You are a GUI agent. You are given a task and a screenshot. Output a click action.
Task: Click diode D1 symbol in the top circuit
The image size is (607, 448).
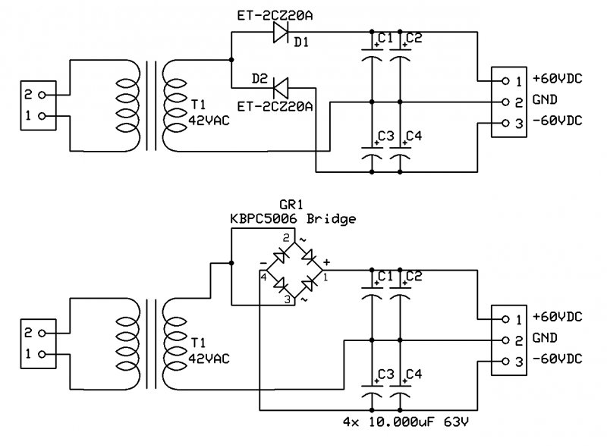point(280,32)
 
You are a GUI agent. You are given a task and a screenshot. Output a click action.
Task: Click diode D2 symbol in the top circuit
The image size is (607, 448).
point(281,88)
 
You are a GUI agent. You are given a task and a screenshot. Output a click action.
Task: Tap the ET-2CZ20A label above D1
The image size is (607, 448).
point(275,15)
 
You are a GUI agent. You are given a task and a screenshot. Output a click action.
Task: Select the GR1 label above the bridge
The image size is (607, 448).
point(291,204)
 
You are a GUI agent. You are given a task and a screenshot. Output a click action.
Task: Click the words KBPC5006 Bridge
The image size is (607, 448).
point(293,219)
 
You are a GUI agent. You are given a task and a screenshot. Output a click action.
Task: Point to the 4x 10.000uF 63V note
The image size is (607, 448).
point(406,421)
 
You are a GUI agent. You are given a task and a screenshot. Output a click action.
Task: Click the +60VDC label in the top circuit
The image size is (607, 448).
point(558,79)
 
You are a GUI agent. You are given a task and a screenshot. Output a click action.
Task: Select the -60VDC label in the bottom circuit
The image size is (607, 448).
point(558,359)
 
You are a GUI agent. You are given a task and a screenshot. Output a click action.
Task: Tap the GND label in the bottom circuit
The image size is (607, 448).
point(545,338)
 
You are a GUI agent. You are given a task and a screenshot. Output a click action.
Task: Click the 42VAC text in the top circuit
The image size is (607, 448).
point(209,121)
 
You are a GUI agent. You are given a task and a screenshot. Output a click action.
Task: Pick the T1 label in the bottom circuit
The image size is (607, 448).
point(198,343)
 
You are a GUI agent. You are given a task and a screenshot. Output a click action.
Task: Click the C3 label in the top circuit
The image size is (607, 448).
point(386,136)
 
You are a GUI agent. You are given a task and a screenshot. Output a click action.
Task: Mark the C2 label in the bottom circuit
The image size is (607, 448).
point(414,276)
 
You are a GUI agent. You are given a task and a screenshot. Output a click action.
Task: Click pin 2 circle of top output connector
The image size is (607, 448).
point(505,102)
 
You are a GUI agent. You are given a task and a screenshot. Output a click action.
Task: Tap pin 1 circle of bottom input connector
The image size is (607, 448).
point(42,354)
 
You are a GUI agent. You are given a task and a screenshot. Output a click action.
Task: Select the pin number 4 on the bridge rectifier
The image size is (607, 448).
point(263,277)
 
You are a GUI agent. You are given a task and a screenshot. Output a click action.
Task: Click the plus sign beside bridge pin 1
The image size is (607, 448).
point(326,262)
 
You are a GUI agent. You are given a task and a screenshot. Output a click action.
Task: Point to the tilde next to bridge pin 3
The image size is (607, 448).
point(304,299)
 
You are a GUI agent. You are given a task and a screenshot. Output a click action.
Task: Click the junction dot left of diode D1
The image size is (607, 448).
point(231,60)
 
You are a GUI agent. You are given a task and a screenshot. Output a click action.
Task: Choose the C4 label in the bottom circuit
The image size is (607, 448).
point(414,374)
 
